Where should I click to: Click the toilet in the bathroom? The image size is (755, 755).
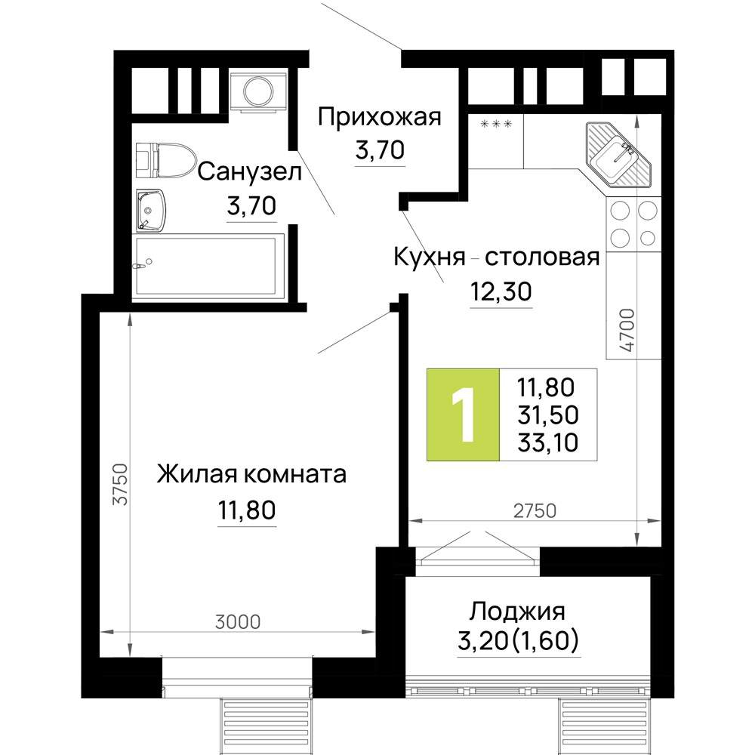click(165, 160)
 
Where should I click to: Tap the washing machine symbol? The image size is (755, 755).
click(258, 91)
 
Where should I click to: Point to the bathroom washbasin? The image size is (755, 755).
click(151, 210)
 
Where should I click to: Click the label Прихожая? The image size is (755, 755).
click(380, 117)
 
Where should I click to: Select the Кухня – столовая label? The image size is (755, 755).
click(497, 257)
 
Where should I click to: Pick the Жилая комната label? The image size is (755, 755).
click(251, 474)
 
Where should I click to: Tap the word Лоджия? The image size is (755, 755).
click(517, 612)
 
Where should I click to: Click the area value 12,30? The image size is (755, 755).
click(501, 291)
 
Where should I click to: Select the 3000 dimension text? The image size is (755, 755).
click(237, 622)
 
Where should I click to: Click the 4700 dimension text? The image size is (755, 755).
click(628, 331)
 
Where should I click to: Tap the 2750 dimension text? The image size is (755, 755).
click(535, 511)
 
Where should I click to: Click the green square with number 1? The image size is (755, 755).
click(464, 414)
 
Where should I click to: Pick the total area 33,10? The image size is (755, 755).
click(548, 442)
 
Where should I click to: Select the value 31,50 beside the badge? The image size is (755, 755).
click(548, 415)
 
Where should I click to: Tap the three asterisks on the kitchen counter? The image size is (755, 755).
click(497, 125)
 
